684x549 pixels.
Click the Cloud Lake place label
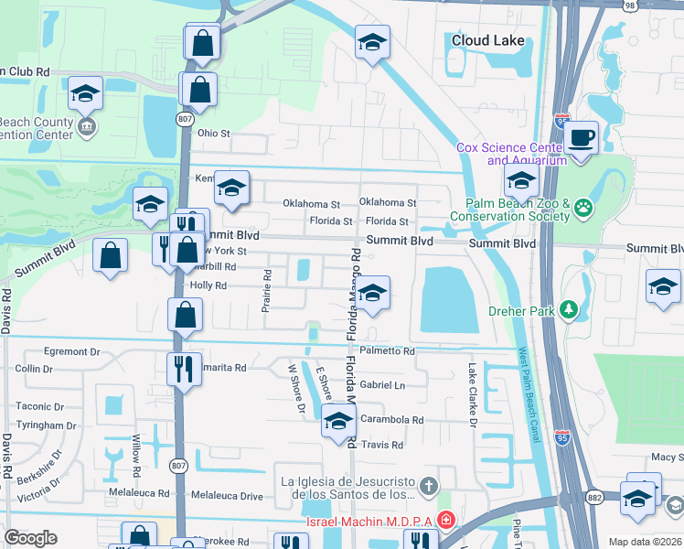click(488, 40)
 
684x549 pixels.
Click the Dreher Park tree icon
click(570, 309)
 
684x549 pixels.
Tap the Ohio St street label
click(214, 133)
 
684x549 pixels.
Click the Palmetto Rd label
click(387, 350)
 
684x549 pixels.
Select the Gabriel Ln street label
click(382, 385)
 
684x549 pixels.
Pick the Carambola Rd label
click(391, 420)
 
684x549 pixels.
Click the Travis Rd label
click(382, 445)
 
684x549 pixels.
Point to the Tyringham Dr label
click(46, 425)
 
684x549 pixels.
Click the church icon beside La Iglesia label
click(427, 484)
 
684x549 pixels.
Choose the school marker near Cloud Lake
click(372, 43)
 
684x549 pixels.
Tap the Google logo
click(30, 538)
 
